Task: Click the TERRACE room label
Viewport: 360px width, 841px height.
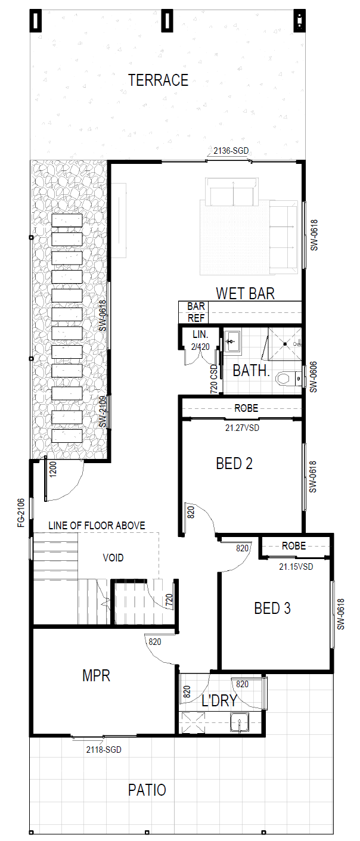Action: pyautogui.click(x=158, y=80)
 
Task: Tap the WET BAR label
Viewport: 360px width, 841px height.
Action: pyautogui.click(x=245, y=293)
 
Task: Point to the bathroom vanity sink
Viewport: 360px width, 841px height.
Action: pyautogui.click(x=232, y=342)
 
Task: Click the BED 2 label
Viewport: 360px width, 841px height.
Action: pyautogui.click(x=234, y=463)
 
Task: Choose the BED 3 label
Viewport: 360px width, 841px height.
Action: pyautogui.click(x=272, y=608)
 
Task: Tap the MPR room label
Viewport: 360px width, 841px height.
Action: pyautogui.click(x=96, y=676)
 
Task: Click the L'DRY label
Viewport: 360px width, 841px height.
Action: pyautogui.click(x=219, y=700)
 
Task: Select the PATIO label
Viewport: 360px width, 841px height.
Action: pyautogui.click(x=147, y=790)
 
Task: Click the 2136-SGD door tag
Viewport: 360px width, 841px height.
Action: pyautogui.click(x=231, y=151)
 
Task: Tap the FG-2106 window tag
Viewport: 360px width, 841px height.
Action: pyautogui.click(x=21, y=513)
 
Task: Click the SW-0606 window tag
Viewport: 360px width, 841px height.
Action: pyautogui.click(x=313, y=377)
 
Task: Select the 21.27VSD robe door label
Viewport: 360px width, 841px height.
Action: pyautogui.click(x=242, y=427)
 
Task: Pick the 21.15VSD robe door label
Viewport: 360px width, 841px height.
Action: pyautogui.click(x=296, y=567)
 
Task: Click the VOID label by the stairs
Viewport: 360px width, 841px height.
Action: pyautogui.click(x=113, y=558)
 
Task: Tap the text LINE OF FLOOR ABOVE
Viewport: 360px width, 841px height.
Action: pyautogui.click(x=97, y=525)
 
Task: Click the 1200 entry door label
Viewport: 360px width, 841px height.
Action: pyautogui.click(x=53, y=469)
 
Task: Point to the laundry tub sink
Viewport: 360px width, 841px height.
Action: pyautogui.click(x=240, y=722)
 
